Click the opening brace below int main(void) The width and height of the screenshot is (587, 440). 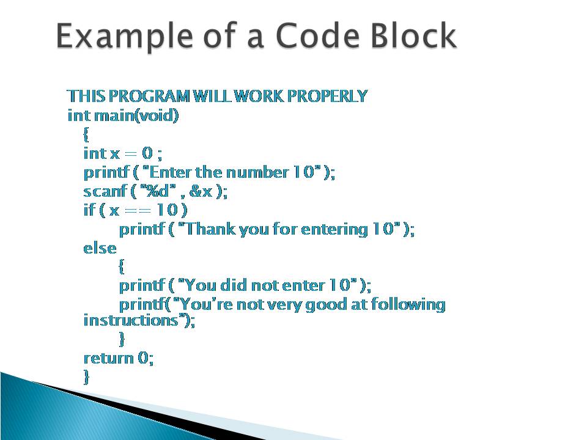pos(86,134)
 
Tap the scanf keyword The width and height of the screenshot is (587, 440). pos(103,191)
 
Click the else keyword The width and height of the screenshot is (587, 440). pos(99,248)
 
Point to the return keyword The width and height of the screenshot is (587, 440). pos(108,358)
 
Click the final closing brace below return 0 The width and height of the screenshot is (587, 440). pos(86,376)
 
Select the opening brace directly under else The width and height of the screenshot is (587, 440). pos(122,266)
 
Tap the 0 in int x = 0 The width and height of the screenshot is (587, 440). pos(146,153)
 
